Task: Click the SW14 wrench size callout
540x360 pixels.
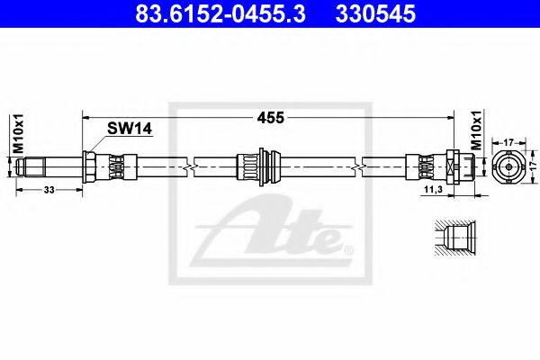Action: click(129, 130)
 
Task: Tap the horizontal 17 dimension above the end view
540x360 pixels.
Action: click(509, 141)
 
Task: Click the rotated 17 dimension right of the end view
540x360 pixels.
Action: click(532, 166)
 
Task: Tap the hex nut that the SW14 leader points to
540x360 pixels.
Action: click(91, 166)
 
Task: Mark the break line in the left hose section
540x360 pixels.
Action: click(186, 166)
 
